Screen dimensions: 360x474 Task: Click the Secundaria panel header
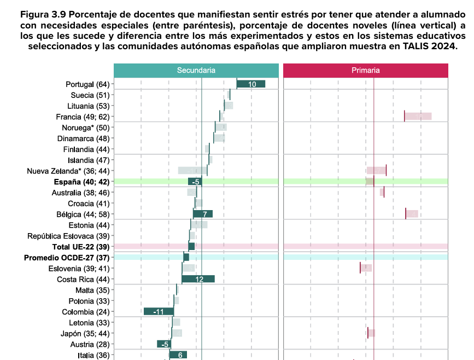[196, 71]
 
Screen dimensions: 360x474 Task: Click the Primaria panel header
[365, 71]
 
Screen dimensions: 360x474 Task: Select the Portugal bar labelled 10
[251, 84]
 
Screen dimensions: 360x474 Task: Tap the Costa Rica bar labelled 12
[198, 279]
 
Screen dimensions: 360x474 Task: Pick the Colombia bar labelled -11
[159, 311]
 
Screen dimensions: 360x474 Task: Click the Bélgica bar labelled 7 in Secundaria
[203, 213]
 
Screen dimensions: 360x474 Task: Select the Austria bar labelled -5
[163, 344]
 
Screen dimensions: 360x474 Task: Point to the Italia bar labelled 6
[178, 355]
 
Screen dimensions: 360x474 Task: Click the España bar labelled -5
[195, 182]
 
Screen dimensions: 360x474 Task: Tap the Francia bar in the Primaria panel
[418, 116]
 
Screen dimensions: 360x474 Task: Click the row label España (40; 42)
[82, 182]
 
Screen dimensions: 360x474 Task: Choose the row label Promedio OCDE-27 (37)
[67, 257]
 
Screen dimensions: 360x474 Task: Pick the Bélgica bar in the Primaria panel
[412, 213]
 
